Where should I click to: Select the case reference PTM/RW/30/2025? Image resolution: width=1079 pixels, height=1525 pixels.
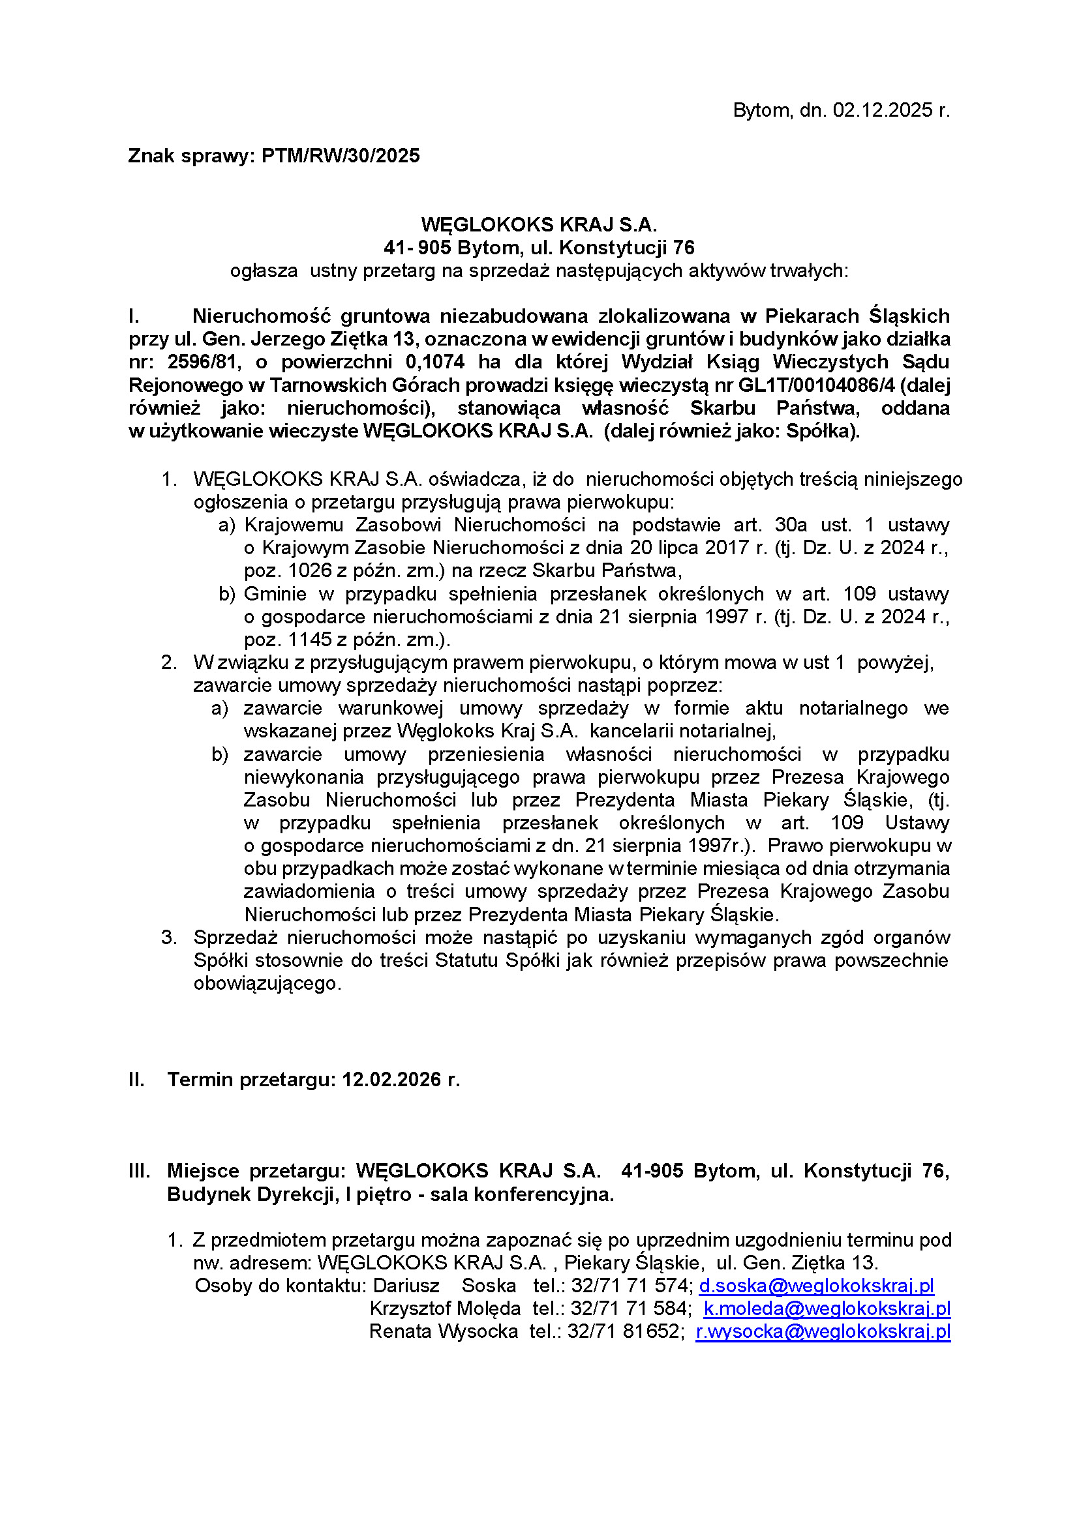341,156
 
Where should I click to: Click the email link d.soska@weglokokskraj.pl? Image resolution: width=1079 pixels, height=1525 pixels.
817,1286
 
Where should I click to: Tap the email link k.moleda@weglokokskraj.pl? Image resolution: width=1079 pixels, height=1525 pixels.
827,1309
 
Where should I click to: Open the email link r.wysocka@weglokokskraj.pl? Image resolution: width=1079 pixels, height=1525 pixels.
823,1332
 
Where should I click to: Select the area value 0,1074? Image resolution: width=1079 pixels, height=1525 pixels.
435,362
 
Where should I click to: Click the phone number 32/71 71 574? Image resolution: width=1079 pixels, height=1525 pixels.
632,1286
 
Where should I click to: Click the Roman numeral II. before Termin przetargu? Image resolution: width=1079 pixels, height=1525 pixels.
136,1079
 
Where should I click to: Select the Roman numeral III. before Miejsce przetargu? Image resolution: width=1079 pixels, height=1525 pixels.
139,1171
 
